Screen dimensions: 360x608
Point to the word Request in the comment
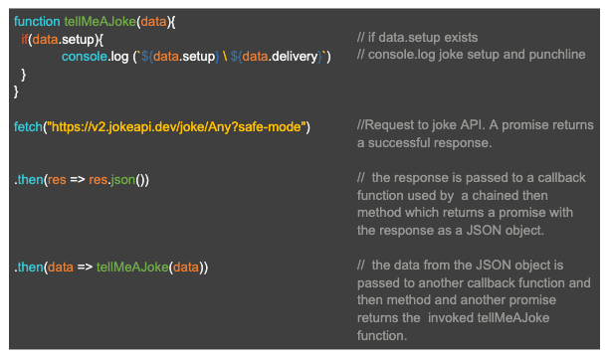pos(390,126)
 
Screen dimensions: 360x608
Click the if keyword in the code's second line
pos(24,39)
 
